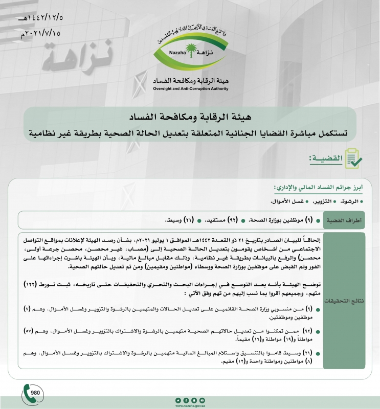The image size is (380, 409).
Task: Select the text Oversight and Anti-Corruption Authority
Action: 190,88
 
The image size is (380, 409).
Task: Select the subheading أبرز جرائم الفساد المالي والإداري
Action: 319,188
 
